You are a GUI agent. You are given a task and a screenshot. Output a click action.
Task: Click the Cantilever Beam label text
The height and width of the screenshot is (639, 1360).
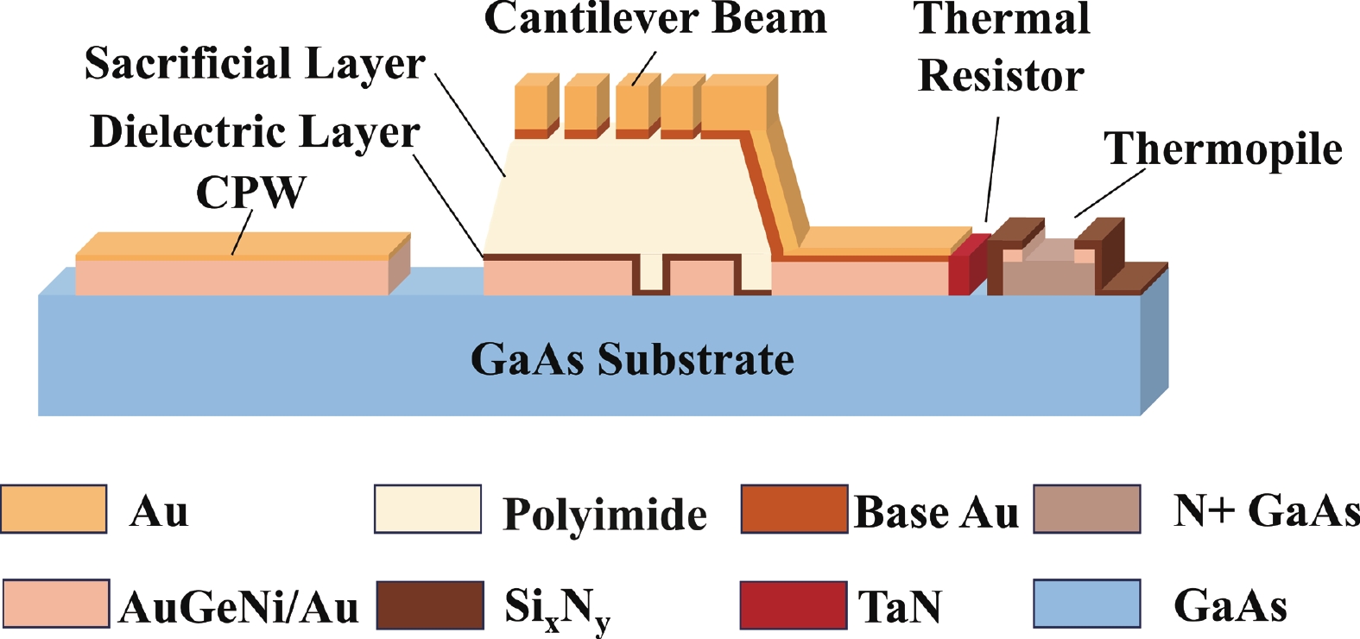655,19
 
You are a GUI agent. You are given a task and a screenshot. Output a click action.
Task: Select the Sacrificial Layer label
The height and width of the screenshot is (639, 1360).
255,64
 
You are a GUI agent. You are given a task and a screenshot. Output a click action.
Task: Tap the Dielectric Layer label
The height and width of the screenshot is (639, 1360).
255,132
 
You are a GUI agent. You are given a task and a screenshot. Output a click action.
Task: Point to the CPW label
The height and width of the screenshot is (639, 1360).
250,192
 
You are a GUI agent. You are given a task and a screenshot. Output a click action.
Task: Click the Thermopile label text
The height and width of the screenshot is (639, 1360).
1223,149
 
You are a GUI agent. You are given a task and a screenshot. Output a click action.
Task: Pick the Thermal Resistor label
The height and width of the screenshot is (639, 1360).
1002,47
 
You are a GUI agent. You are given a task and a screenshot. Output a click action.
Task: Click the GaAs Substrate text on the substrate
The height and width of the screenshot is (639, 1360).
632,359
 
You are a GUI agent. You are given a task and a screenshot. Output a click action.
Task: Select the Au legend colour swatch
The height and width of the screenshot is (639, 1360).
54,509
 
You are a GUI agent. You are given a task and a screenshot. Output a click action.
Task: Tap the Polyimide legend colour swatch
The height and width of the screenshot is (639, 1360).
427,509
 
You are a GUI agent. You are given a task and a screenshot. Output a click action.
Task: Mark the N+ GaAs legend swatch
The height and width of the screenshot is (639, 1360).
1087,509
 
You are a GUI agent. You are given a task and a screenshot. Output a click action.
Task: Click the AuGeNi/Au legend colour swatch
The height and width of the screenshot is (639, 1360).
56,604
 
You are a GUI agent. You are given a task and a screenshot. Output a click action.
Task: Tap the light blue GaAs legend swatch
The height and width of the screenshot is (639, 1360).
1087,604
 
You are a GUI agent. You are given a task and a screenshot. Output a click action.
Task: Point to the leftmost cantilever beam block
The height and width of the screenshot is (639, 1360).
535,109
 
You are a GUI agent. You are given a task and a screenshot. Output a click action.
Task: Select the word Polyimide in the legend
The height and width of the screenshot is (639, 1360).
604,514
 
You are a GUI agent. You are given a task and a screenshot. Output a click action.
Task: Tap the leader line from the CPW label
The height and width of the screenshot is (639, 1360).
242,231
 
